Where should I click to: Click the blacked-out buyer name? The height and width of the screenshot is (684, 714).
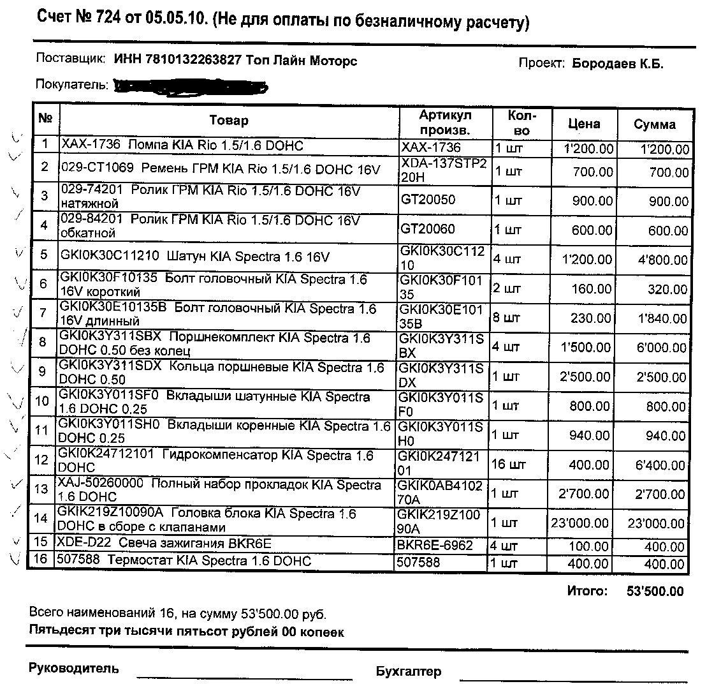coord(190,86)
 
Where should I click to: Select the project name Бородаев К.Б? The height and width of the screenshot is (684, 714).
coord(617,63)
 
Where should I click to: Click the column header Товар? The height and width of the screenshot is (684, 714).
coord(229,120)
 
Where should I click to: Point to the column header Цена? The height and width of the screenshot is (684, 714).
coord(583,123)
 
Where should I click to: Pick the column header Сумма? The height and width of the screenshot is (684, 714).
coord(654,124)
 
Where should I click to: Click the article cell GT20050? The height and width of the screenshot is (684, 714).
coord(428,200)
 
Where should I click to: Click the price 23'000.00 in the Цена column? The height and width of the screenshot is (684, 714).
coord(579,523)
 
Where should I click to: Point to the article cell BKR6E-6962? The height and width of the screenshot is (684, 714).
coord(435,546)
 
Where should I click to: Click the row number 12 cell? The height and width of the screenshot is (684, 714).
coord(42,460)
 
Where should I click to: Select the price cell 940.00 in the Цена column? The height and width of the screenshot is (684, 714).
coord(591,435)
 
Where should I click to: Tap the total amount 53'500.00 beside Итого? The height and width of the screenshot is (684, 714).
coord(655,591)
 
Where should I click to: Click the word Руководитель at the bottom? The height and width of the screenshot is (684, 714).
coord(74,669)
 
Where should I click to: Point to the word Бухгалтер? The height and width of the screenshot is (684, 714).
coord(408,671)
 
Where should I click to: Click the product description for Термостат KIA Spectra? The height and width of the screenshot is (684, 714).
coord(184,561)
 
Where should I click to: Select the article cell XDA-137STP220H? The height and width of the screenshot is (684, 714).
coord(444,170)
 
